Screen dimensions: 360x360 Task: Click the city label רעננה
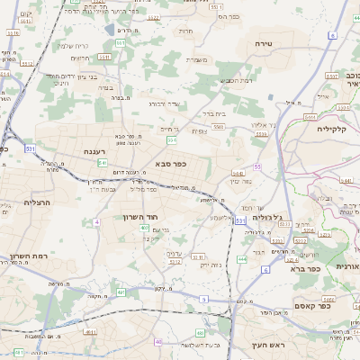tap(95, 153)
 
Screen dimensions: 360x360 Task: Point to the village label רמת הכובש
tap(237, 81)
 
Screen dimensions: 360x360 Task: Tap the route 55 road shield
tap(257, 167)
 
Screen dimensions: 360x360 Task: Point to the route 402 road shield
tap(145, 229)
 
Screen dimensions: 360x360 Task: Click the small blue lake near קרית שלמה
tap(110, 30)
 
